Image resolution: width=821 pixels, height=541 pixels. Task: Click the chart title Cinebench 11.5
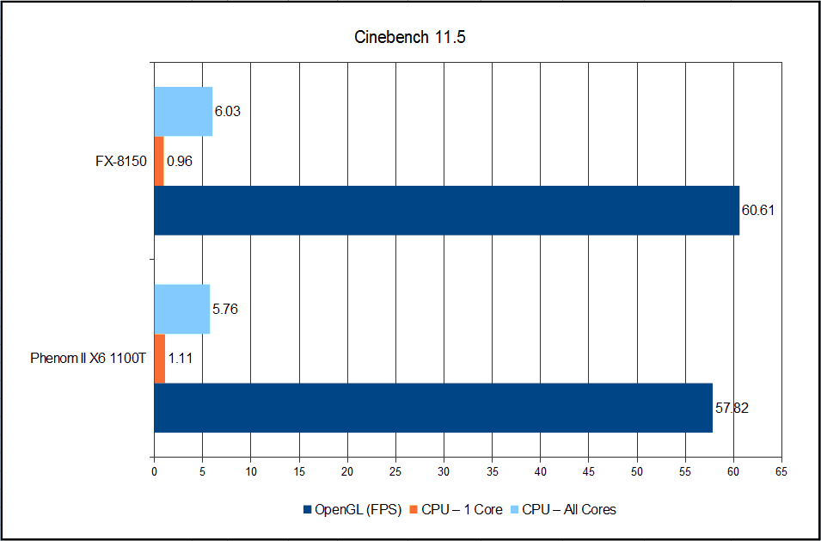pyautogui.click(x=410, y=38)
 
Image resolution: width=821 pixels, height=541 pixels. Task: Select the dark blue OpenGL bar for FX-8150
pyautogui.click(x=446, y=210)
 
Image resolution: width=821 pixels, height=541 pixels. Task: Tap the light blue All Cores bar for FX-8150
pyautogui.click(x=183, y=112)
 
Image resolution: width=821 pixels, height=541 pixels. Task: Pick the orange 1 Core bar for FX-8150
pyautogui.click(x=159, y=161)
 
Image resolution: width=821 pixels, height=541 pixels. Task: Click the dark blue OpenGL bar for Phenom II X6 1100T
pyautogui.click(x=433, y=407)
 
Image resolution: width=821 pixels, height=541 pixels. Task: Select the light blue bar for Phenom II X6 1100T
pyautogui.click(x=181, y=309)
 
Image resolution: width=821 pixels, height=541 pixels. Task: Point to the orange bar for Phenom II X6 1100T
pyautogui.click(x=159, y=358)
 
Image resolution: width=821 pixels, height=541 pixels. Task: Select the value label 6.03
pyautogui.click(x=229, y=112)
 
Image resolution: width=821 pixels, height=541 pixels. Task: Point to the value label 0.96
pyautogui.click(x=179, y=161)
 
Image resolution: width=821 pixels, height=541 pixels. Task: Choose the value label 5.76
pyautogui.click(x=226, y=309)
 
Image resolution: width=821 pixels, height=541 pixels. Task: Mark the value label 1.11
pyautogui.click(x=180, y=358)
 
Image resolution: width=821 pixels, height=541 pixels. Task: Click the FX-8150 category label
pyautogui.click(x=121, y=161)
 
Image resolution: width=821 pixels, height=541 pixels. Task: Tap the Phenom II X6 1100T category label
pyautogui.click(x=85, y=358)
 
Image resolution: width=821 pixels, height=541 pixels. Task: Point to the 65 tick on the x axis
pyautogui.click(x=781, y=471)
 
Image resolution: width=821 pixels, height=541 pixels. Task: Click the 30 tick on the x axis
pyautogui.click(x=444, y=471)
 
